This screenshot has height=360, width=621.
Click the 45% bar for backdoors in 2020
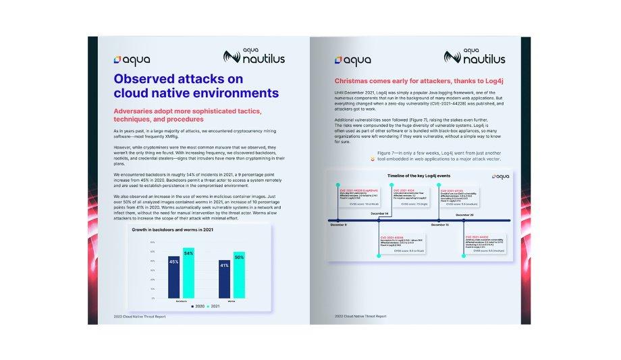173,278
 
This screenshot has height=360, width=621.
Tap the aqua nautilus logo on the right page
475,55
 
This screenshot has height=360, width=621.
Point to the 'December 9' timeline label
339,224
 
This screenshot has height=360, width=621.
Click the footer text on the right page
360,316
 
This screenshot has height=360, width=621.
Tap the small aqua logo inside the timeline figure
501,176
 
